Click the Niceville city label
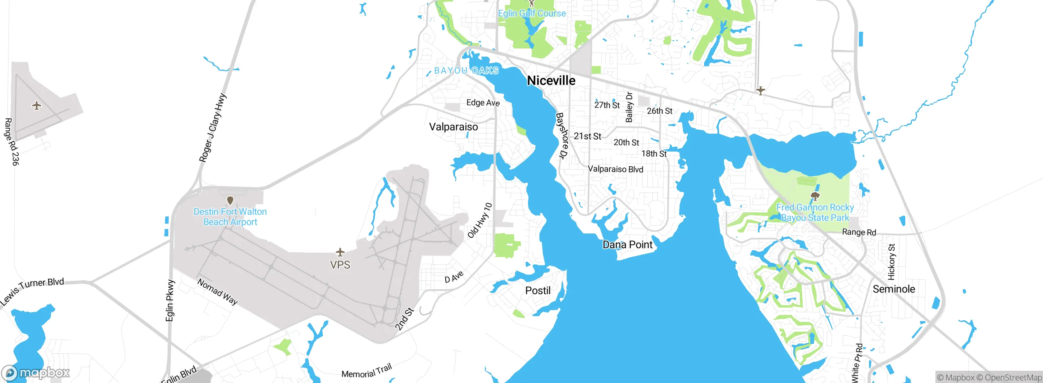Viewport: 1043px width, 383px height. coord(551,81)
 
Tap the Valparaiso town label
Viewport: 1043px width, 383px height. coord(453,127)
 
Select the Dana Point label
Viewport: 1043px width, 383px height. coord(627,244)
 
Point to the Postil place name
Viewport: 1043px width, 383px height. coord(538,291)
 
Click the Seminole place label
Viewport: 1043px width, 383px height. coord(894,289)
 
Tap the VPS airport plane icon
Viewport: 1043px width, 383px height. coord(340,252)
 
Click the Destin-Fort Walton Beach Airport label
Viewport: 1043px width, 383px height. coord(230,217)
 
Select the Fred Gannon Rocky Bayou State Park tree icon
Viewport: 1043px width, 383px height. coord(815,196)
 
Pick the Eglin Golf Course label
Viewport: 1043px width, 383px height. coord(532,13)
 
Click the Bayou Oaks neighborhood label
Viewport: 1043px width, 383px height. coord(466,71)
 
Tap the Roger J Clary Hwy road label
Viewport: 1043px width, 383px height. coord(212,128)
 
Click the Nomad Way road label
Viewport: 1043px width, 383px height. coord(218,292)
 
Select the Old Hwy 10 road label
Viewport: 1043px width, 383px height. coord(480,220)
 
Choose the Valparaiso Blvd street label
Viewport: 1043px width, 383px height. coord(615,169)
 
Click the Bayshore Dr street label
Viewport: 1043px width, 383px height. coord(562,136)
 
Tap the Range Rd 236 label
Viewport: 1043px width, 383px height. coord(11,142)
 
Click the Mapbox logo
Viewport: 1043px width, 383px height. coord(36,373)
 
